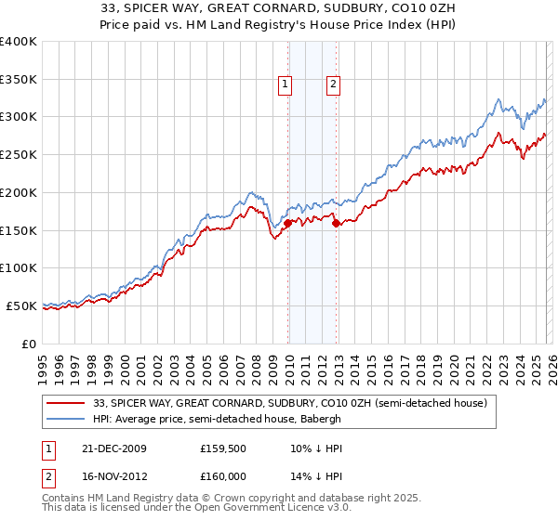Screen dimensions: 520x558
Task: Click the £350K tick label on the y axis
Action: (19, 79)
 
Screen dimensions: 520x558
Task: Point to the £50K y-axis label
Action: (21, 305)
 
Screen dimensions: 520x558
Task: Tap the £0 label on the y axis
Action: (30, 344)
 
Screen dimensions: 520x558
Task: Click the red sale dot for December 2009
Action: (288, 223)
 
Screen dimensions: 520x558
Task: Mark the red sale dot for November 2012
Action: (336, 222)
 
